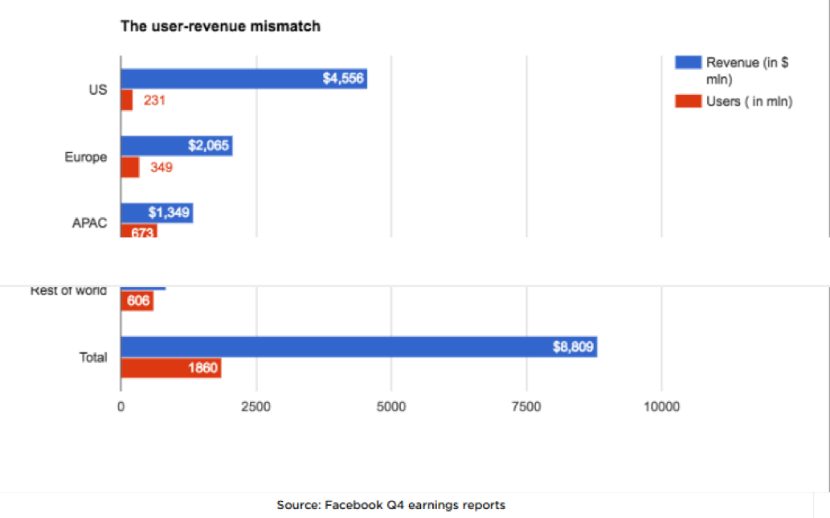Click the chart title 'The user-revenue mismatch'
(220, 27)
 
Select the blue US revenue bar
(241, 78)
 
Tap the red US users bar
(127, 101)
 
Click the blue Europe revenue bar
(176, 146)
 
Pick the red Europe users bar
(130, 167)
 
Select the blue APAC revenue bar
(156, 212)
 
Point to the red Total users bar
(170, 368)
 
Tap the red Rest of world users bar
(137, 301)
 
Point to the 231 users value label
(154, 101)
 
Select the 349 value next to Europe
(161, 167)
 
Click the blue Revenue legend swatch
(687, 63)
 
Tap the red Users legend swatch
(687, 101)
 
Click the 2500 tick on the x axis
(256, 407)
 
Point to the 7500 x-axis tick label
(525, 407)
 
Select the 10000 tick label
(660, 407)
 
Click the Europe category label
(85, 157)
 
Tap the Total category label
(93, 357)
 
